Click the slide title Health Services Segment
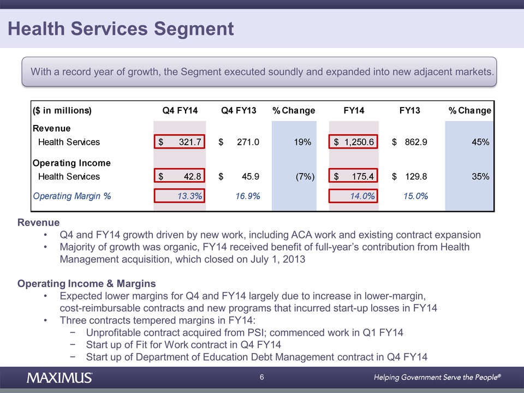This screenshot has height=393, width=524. (x=121, y=28)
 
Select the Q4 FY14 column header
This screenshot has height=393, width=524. (x=180, y=111)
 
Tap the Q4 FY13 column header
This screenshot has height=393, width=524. (x=239, y=111)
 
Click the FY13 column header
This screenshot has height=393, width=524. (x=409, y=111)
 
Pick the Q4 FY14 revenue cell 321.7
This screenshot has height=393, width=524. (x=180, y=142)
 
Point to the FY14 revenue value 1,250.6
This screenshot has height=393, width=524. (x=355, y=142)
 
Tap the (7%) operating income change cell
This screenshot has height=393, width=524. (x=301, y=176)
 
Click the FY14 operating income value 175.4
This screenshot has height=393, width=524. (x=355, y=176)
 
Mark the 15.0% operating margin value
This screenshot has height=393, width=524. (x=415, y=195)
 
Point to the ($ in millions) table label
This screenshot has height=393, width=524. (x=62, y=111)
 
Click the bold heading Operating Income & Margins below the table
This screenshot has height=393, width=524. (x=86, y=284)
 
